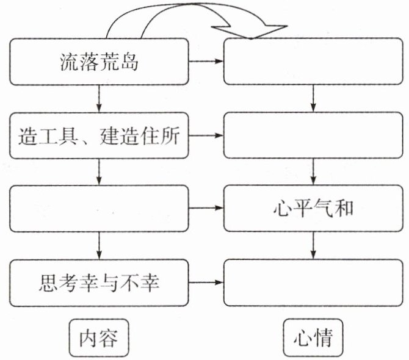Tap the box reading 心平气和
[313, 209]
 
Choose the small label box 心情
[313, 337]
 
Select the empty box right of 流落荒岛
[313, 62]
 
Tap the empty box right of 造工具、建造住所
[313, 135]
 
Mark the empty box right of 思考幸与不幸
[313, 283]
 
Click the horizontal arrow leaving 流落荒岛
[207, 62]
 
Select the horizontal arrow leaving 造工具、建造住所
[207, 135]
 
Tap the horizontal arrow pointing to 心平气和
[207, 209]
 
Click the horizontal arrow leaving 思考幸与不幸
[207, 283]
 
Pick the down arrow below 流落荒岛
[99, 98]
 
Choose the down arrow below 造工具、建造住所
[99, 172]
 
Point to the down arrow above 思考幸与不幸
[99, 246]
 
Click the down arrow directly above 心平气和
[313, 172]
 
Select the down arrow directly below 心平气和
[313, 246]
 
